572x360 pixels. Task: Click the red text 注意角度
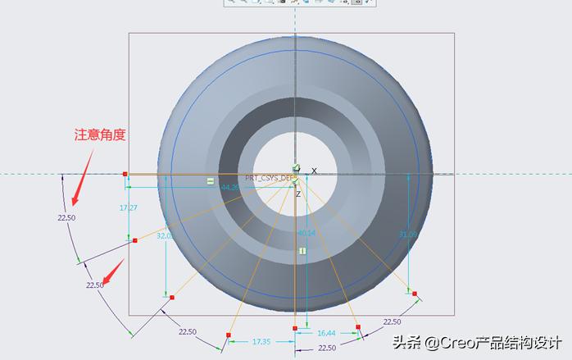tap(100, 134)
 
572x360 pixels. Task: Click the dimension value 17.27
tap(128, 208)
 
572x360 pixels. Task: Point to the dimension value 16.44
tap(326, 333)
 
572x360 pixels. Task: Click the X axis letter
tap(314, 171)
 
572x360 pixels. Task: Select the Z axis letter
tap(298, 194)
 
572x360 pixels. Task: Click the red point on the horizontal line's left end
tap(125, 174)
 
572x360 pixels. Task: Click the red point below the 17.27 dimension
tap(134, 240)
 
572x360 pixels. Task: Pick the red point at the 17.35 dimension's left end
tap(229, 335)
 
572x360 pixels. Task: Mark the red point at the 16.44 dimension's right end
tap(358, 328)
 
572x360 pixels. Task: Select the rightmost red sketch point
tap(415, 294)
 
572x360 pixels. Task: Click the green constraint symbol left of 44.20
tap(211, 180)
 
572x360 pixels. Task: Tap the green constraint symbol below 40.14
tap(302, 250)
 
